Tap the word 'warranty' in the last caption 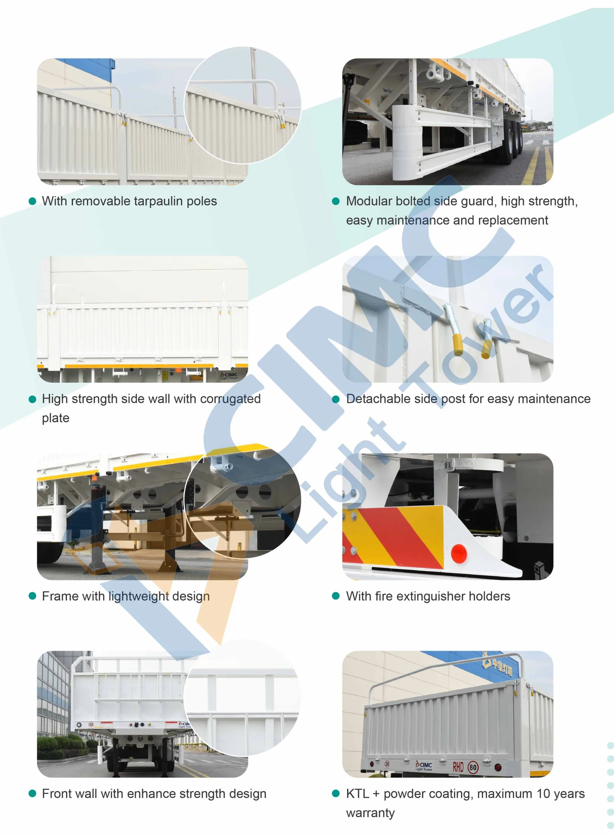tap(370, 813)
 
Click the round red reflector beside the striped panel tap(459, 553)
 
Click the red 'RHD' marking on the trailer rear tap(458, 767)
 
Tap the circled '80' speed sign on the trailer tap(473, 767)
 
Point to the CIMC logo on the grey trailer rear tap(424, 766)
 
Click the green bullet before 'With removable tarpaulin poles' tap(32, 201)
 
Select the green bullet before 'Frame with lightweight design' tap(32, 596)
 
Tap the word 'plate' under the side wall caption tap(56, 418)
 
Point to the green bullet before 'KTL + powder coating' tap(336, 793)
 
